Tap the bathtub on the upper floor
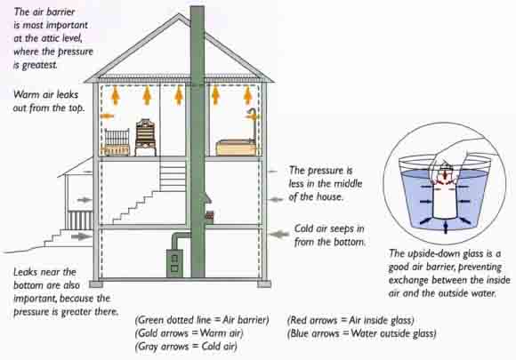point(236,148)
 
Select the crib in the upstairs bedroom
point(117,142)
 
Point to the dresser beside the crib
point(145,138)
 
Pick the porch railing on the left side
point(80,220)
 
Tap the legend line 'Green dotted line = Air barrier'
point(202,320)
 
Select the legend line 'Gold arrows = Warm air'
point(189,333)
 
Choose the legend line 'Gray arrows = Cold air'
point(186,347)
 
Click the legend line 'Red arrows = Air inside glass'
point(351,320)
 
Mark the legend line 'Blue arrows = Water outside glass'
point(362,333)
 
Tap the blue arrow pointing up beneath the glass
point(445,228)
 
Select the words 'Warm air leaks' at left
point(45,95)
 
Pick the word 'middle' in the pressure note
point(349,183)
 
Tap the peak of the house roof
point(180,14)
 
